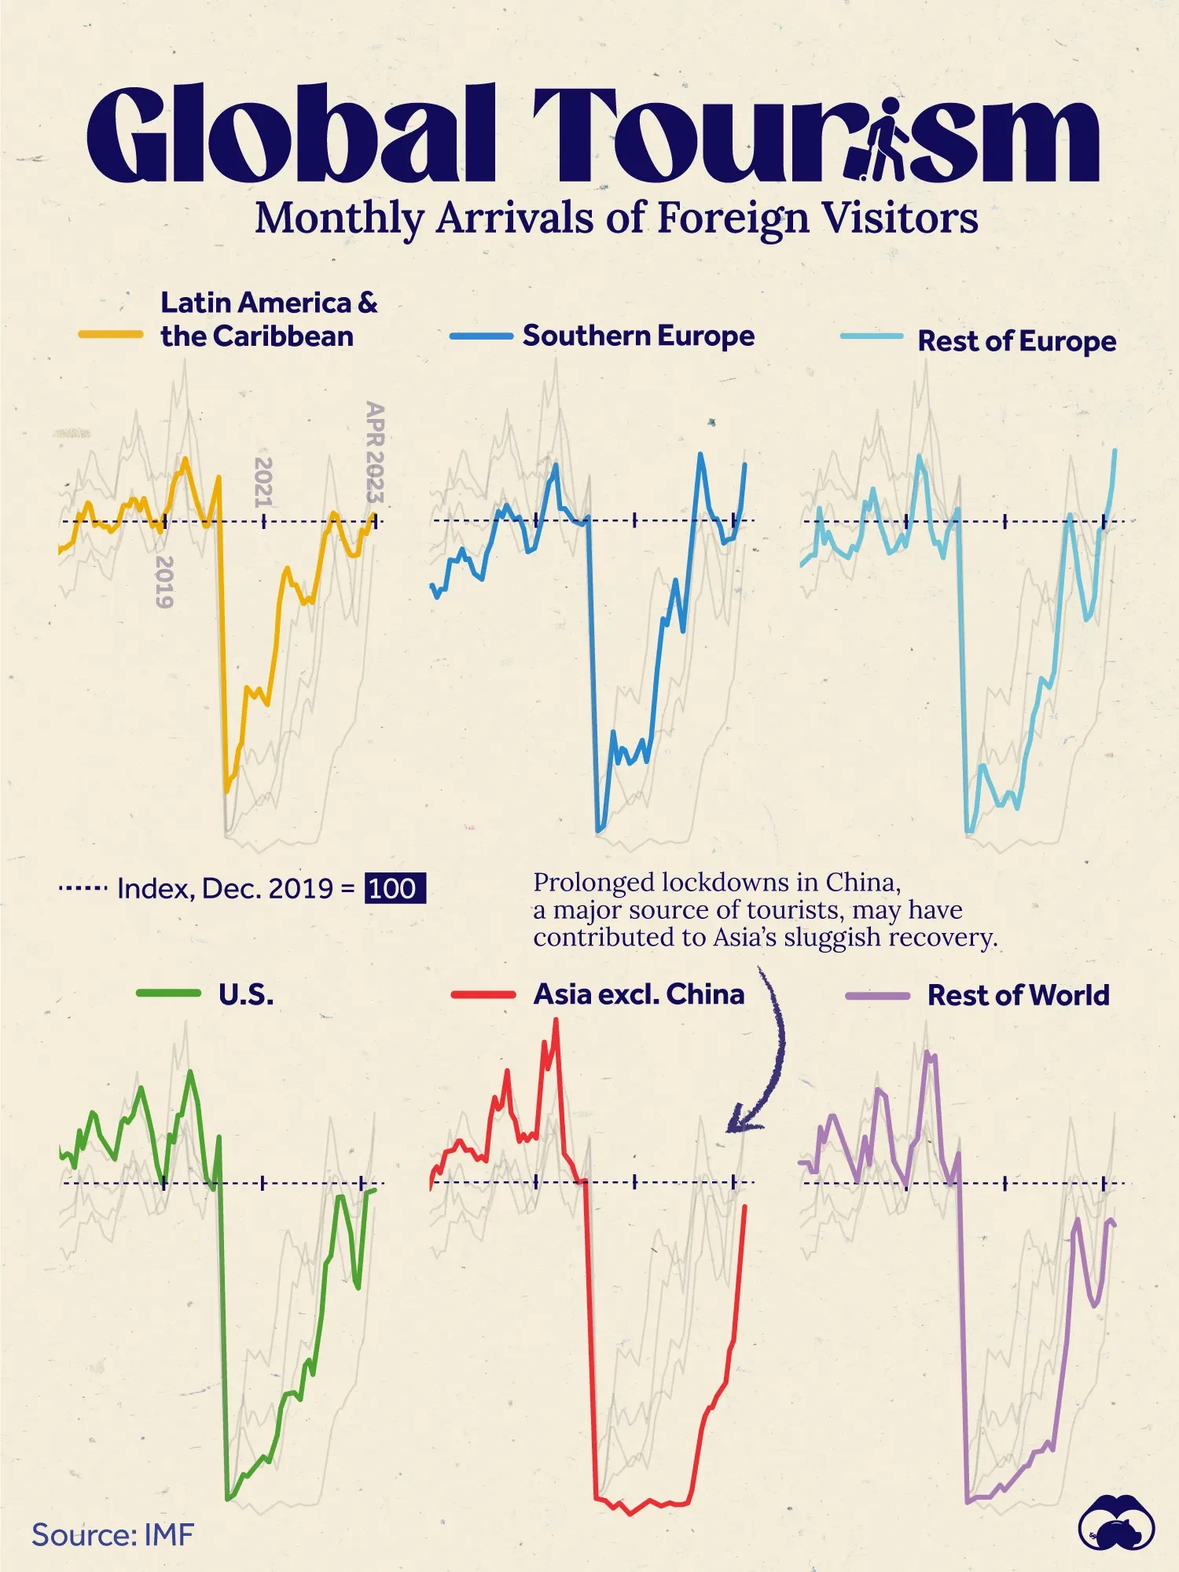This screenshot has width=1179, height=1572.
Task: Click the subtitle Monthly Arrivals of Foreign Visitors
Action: pyautogui.click(x=616, y=219)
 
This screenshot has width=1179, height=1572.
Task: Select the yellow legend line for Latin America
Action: pyautogui.click(x=111, y=335)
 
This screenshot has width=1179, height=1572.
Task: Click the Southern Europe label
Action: pyautogui.click(x=638, y=336)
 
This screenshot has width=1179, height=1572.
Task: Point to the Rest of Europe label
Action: pyautogui.click(x=1016, y=341)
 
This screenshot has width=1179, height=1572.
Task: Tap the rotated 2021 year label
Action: pyautogui.click(x=263, y=482)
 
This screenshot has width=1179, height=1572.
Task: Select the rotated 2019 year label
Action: pyautogui.click(x=163, y=582)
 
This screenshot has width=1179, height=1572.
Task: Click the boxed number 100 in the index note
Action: pyautogui.click(x=394, y=888)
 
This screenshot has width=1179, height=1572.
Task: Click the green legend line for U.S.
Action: pyautogui.click(x=168, y=994)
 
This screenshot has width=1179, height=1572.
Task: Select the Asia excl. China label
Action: pyautogui.click(x=638, y=994)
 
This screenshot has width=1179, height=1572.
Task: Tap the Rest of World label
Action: pyautogui.click(x=1018, y=995)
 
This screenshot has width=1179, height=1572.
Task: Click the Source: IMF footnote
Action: pyautogui.click(x=112, y=1534)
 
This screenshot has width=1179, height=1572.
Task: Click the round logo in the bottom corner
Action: pyautogui.click(x=1116, y=1522)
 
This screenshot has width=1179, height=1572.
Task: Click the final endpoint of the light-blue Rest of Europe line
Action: pyautogui.click(x=1115, y=450)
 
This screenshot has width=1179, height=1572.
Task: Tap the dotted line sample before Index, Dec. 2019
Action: pyautogui.click(x=83, y=889)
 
